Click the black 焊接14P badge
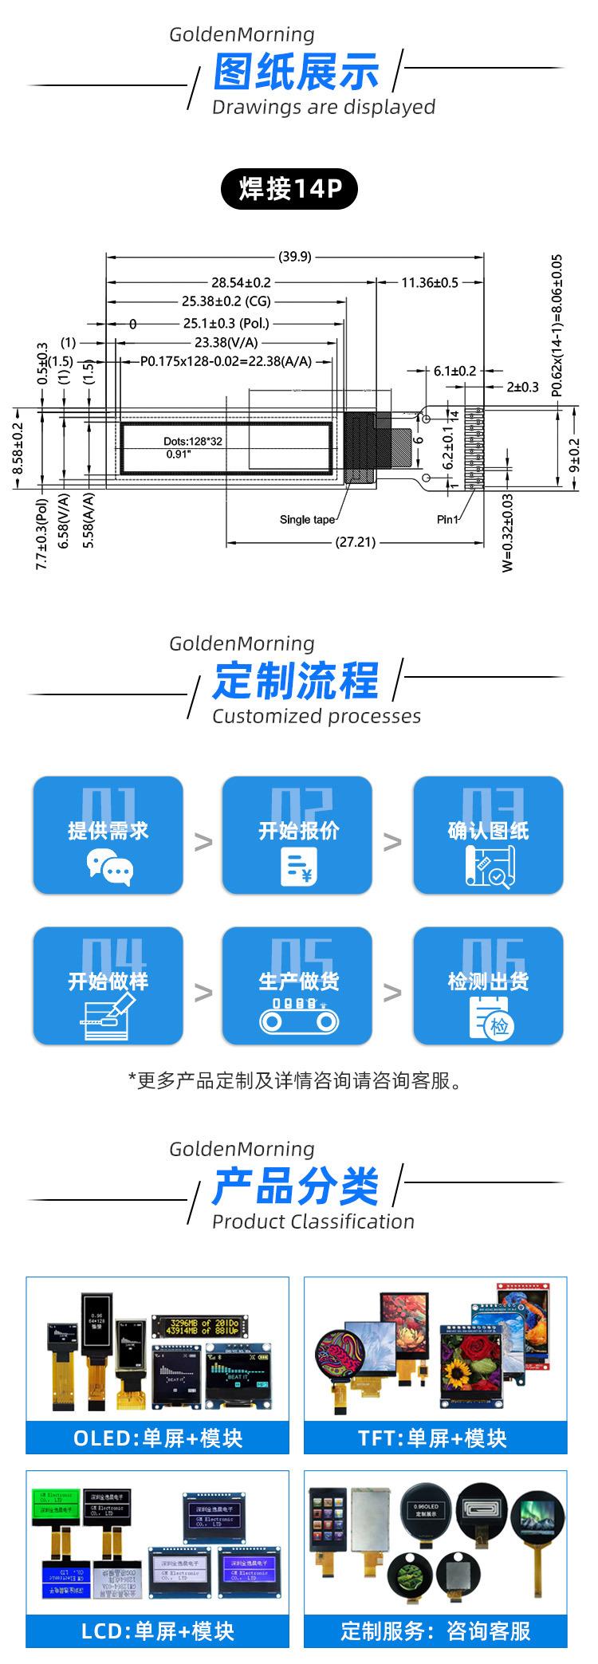coord(289,189)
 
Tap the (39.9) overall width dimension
coord(295,257)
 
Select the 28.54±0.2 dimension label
coord(241,282)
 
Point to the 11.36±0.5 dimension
coord(429,282)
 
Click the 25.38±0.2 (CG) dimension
coord(226,301)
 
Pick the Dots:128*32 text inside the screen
coord(193,441)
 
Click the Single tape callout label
coord(307,520)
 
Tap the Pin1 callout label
coord(447,520)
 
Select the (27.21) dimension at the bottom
coord(356,542)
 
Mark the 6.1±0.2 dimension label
coord(454,371)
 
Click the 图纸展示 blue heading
coord(296,73)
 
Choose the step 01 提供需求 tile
coord(108,835)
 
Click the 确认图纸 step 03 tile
coord(488,835)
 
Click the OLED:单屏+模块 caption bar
coord(158,1438)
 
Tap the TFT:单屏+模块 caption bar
coord(435,1438)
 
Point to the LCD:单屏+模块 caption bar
coord(158,1631)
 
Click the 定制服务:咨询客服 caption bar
coord(435,1631)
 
